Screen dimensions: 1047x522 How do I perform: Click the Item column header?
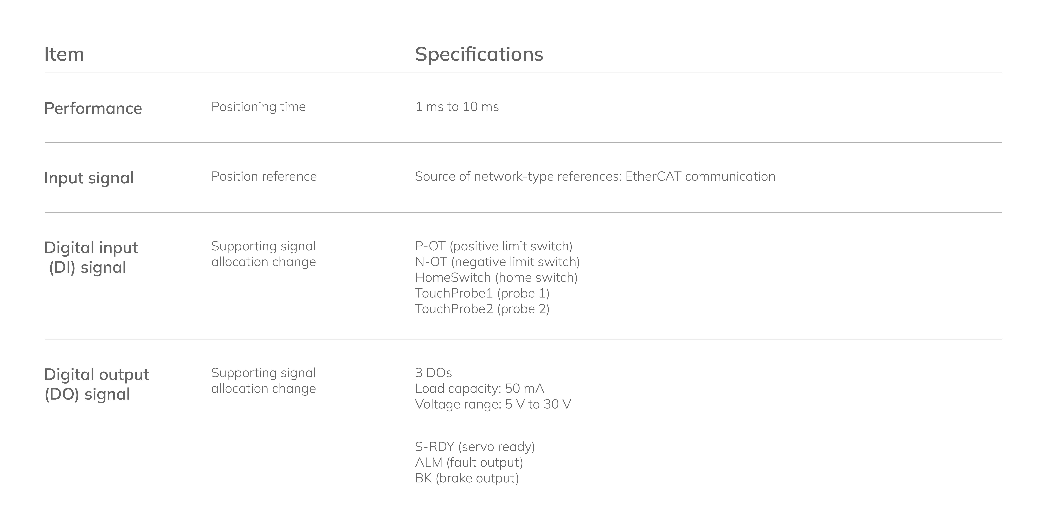click(x=64, y=54)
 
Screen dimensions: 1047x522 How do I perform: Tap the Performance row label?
click(x=93, y=108)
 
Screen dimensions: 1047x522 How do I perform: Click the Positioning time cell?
click(x=258, y=107)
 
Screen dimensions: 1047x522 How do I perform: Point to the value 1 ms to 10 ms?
click(x=457, y=107)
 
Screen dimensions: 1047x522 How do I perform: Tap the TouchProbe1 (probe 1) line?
click(x=482, y=293)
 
